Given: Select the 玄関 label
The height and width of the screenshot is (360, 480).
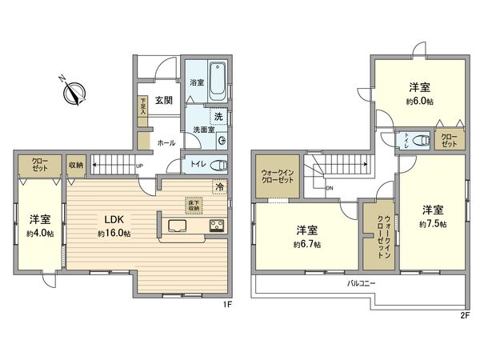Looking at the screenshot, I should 164,100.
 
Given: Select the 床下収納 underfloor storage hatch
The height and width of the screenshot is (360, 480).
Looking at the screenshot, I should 194,205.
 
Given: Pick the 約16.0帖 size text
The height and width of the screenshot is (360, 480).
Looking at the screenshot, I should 114,233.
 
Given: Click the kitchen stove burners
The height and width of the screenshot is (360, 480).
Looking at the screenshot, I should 218,226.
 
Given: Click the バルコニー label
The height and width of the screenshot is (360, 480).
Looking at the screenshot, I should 362,283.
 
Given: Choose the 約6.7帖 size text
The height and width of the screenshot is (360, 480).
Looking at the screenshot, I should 307,244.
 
